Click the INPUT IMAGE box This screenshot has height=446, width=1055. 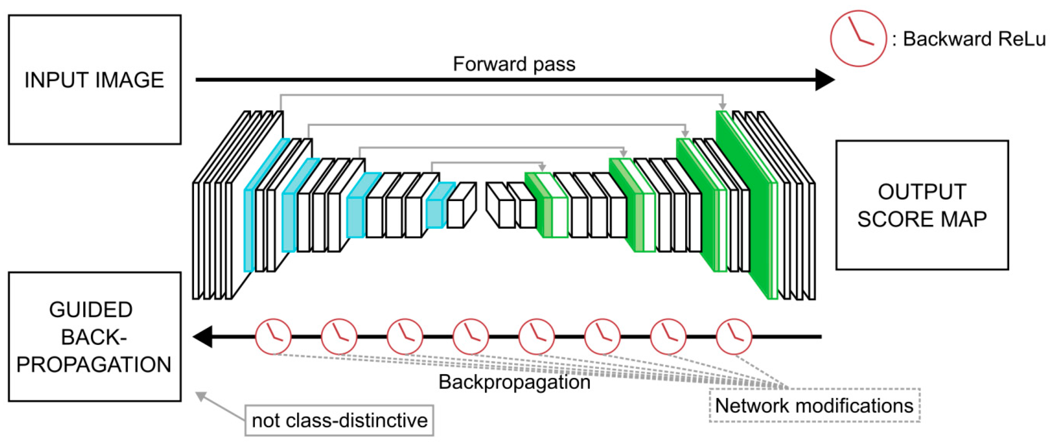(x=95, y=80)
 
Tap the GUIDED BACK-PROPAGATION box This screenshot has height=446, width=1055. (x=95, y=337)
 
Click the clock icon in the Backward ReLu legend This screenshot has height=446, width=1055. (x=858, y=38)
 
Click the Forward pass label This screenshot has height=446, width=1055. (x=514, y=64)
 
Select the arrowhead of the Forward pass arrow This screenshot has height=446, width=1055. (x=824, y=80)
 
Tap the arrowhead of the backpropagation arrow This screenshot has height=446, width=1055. (x=203, y=337)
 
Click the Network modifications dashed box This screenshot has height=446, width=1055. (x=814, y=405)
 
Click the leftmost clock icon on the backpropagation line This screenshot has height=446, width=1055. (x=273, y=337)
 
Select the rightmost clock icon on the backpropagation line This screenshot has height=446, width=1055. (x=734, y=337)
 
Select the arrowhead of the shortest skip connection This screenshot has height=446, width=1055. (x=542, y=168)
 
